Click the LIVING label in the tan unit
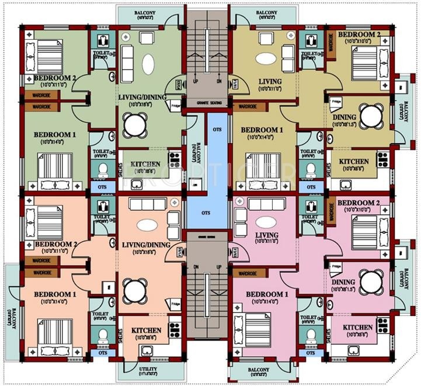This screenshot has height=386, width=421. pyautogui.click(x=269, y=82)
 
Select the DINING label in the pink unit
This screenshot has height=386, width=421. pyautogui.click(x=343, y=281)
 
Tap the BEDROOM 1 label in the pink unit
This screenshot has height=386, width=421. pyautogui.click(x=266, y=294)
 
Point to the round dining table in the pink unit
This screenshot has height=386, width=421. pyautogui.click(x=370, y=281)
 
